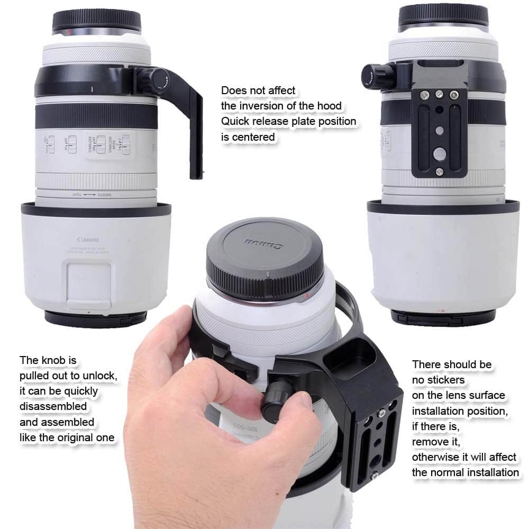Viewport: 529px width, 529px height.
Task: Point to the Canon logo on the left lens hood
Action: pyautogui.click(x=88, y=240)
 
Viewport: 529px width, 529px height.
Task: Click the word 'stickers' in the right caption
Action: pyautogui.click(x=439, y=380)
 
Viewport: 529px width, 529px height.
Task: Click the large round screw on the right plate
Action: pyautogui.click(x=440, y=153)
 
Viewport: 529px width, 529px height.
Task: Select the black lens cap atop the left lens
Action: pyautogui.click(x=97, y=20)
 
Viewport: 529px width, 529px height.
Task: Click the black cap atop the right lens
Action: pyautogui.click(x=443, y=15)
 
